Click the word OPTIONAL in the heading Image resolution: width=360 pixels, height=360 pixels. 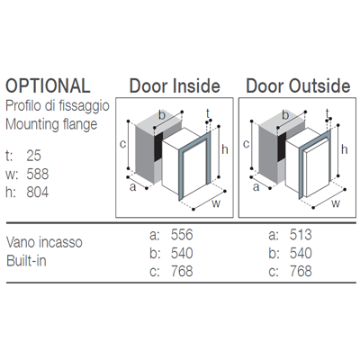(x=48, y=85)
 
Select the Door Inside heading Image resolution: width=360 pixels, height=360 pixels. (x=175, y=85)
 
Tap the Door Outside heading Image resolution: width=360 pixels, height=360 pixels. (x=298, y=85)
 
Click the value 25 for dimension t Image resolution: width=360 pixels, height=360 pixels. (x=34, y=156)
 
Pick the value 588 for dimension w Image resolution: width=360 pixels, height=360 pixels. (x=38, y=174)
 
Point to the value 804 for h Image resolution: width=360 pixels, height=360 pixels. (x=38, y=192)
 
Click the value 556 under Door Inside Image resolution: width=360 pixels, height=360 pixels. (x=182, y=234)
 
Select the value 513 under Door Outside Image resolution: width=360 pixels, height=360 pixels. (x=301, y=234)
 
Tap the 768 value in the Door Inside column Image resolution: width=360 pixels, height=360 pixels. (x=182, y=271)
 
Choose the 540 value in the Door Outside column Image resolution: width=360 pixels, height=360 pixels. (x=301, y=253)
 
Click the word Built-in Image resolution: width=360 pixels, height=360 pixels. (x=26, y=261)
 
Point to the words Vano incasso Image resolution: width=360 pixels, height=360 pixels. (x=44, y=242)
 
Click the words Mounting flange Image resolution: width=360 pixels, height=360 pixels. (x=51, y=124)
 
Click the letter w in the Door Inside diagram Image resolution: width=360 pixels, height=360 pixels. (x=216, y=203)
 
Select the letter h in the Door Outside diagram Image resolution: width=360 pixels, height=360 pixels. (x=345, y=149)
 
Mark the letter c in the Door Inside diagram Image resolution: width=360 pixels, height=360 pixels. (x=122, y=144)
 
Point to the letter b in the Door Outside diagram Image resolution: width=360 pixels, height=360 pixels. (x=285, y=115)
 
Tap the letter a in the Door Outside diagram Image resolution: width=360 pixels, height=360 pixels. (x=256, y=187)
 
